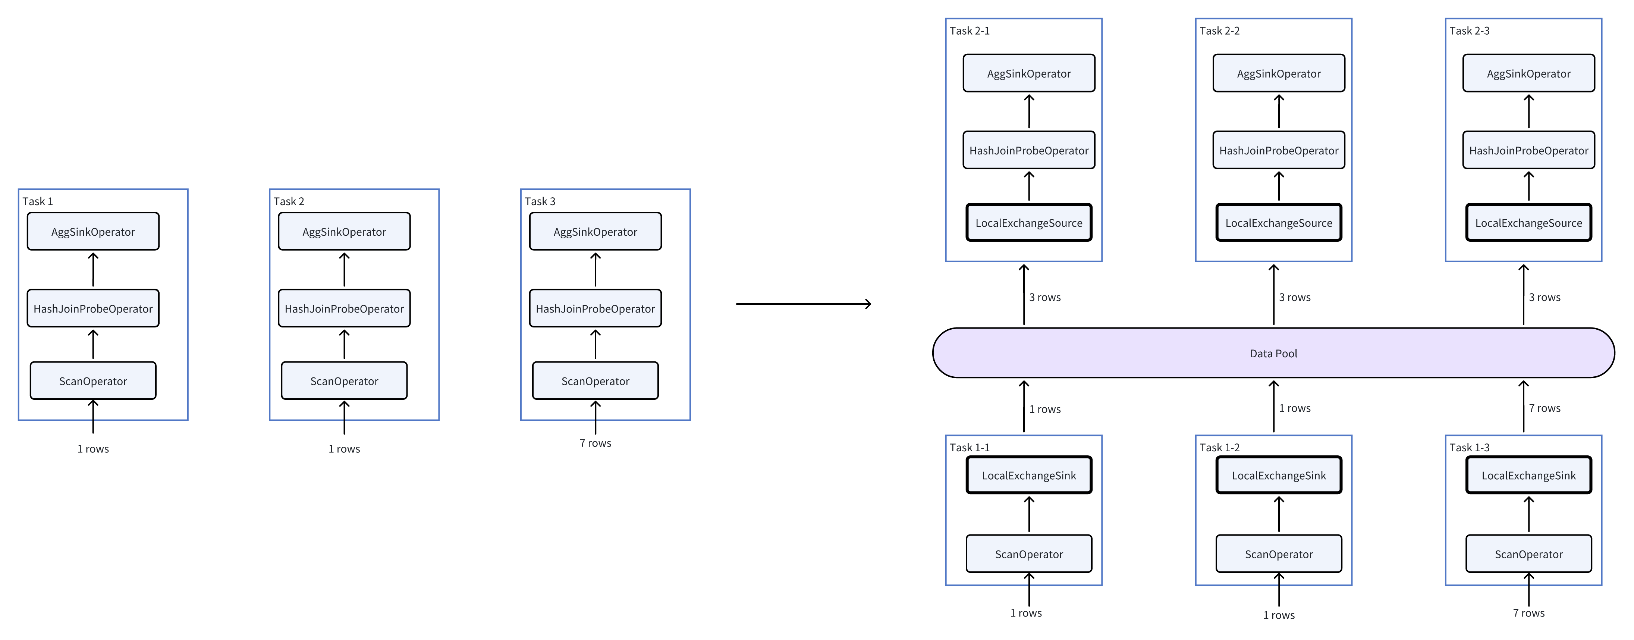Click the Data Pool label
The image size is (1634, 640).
pos(1273,353)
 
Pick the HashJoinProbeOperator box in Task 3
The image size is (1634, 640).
pos(595,308)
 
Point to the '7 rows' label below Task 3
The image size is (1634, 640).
pos(595,443)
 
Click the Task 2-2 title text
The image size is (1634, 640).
pos(1219,31)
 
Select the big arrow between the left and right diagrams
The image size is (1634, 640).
pos(803,304)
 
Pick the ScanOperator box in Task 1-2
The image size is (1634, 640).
pos(1278,554)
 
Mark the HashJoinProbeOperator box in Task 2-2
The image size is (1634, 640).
pos(1278,150)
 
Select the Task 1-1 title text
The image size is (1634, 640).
pos(969,447)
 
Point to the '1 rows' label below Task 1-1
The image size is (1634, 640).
pos(1026,613)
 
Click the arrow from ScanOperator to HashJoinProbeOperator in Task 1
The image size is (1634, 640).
pos(93,344)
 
